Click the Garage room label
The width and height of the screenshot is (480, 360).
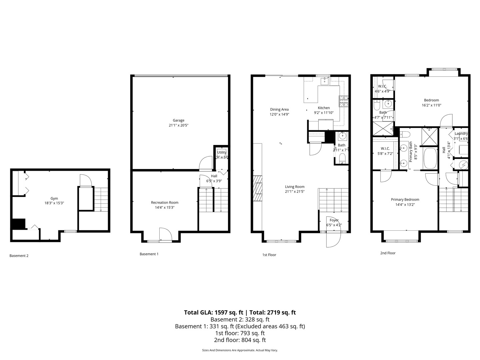pos(178,120)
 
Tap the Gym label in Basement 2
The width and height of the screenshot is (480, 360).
pos(54,198)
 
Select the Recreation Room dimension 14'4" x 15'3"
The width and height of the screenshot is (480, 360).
pos(165,207)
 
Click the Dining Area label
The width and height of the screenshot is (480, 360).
pos(279,109)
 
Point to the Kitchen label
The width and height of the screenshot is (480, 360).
pos(324,108)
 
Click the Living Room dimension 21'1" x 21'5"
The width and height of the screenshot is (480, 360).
pos(295,191)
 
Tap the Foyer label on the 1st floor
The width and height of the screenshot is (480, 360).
pos(334,220)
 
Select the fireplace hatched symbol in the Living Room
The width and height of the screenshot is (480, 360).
pos(258,189)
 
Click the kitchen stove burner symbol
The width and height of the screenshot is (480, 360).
pos(344,101)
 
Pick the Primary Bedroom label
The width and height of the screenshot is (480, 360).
pos(405,200)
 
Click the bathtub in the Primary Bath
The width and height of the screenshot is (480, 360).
pos(430,159)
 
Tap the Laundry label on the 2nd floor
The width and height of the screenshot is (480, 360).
pos(461,134)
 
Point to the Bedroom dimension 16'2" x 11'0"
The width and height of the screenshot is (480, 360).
pos(431,105)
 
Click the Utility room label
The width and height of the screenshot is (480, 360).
pos(222,152)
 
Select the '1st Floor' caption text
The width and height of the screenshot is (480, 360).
pos(269,255)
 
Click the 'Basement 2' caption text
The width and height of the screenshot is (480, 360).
pos(19,256)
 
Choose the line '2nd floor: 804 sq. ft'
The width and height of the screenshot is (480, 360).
pos(240,340)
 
